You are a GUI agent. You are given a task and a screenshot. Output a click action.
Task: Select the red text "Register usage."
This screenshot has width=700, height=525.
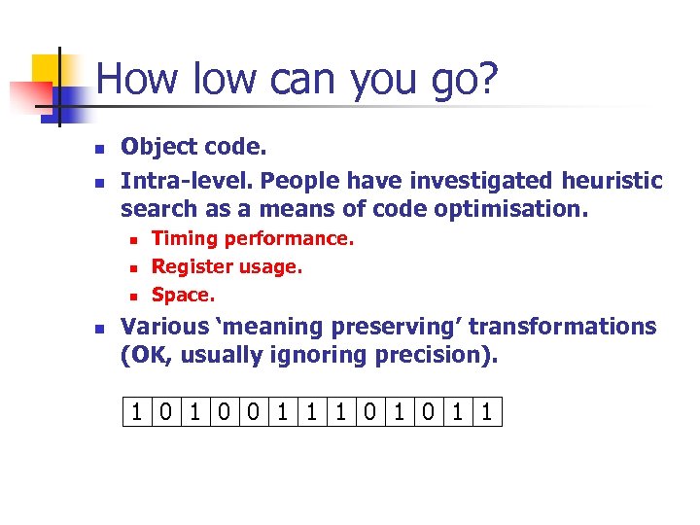click(227, 266)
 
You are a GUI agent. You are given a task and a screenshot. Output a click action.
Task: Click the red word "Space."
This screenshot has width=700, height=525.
click(184, 294)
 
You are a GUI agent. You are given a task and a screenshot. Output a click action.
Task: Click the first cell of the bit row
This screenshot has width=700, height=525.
click(138, 413)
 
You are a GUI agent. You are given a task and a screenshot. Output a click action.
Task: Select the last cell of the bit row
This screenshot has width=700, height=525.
click(488, 413)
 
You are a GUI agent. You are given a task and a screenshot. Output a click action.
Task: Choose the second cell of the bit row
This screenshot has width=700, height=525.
click(167, 413)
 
